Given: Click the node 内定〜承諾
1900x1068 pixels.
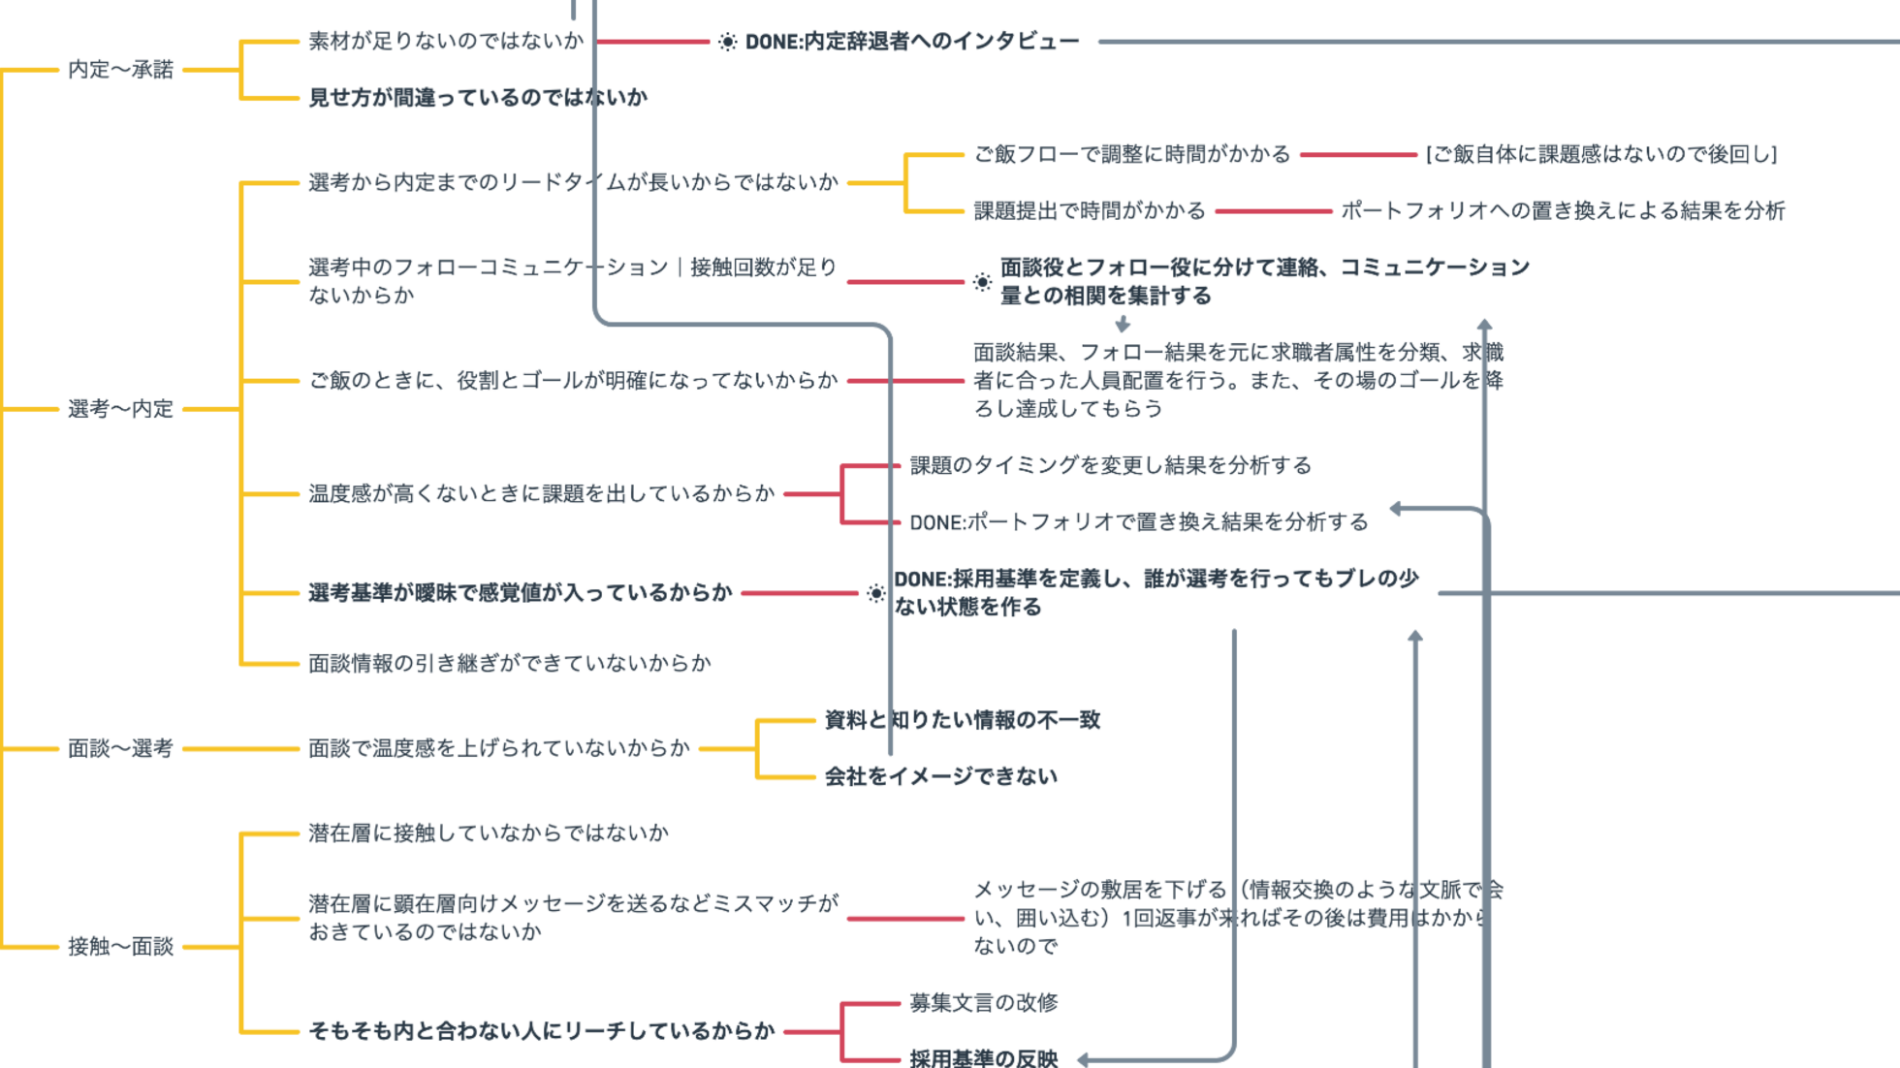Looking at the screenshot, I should point(120,70).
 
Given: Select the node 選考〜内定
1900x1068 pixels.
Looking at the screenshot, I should point(120,409).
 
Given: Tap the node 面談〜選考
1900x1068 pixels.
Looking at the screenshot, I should point(120,748).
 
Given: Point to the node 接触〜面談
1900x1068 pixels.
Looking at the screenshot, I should point(120,946).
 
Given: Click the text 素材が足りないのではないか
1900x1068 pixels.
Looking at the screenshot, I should point(446,41).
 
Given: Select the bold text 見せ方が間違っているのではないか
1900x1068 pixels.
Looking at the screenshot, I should point(478,97).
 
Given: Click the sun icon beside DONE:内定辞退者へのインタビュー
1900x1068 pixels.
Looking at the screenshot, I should point(727,42).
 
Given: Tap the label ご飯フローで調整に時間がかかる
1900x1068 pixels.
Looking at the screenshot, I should point(1131,154).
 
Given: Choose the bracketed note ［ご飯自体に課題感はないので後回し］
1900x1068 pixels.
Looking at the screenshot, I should point(1600,154).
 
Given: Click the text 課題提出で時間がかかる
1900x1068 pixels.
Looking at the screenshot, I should point(1090,210).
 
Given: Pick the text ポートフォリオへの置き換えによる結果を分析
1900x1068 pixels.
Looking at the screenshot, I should point(1563,210).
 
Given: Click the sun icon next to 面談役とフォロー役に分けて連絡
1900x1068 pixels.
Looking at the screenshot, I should point(982,282).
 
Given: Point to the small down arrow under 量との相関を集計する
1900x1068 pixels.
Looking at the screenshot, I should point(1123,324).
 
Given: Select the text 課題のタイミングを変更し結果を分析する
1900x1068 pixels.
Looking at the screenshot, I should point(1110,465).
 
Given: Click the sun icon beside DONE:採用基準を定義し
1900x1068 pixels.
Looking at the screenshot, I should point(875,593).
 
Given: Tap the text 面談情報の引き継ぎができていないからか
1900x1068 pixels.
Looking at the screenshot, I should point(510,663).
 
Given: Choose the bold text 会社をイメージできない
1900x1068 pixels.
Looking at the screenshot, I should point(940,776).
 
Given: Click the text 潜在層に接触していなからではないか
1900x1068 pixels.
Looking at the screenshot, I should point(489,832).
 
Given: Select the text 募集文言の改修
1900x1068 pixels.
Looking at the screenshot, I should point(983,1002).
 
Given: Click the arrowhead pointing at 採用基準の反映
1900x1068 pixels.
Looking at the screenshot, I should point(1084,1060).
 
